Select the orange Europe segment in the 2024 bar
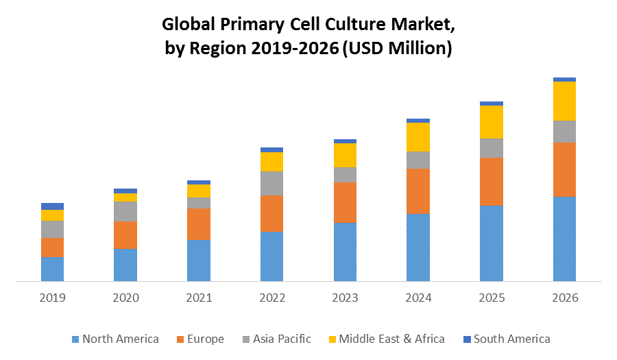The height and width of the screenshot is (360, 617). pyautogui.click(x=418, y=191)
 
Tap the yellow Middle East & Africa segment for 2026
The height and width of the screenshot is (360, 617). pyautogui.click(x=564, y=101)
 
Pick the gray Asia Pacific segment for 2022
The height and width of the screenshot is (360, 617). pyautogui.click(x=271, y=183)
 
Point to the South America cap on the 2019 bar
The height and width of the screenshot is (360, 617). pyautogui.click(x=52, y=206)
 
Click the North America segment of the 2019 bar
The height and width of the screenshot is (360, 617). pyautogui.click(x=52, y=269)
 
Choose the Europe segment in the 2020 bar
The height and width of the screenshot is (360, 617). pyautogui.click(x=125, y=235)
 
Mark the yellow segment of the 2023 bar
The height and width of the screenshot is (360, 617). pyautogui.click(x=345, y=155)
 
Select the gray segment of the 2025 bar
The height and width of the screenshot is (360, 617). pyautogui.click(x=492, y=147)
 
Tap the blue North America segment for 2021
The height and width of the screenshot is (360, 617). pyautogui.click(x=198, y=260)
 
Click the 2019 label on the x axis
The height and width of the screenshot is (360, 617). pyautogui.click(x=52, y=298)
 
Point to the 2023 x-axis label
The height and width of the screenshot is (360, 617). pyautogui.click(x=345, y=298)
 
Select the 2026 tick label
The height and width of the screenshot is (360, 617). pyautogui.click(x=564, y=298)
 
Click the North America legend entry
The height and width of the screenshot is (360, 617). pyautogui.click(x=115, y=339)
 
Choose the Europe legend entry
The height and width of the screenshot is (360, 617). pyautogui.click(x=201, y=339)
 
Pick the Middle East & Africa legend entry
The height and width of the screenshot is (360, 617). pyautogui.click(x=387, y=339)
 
